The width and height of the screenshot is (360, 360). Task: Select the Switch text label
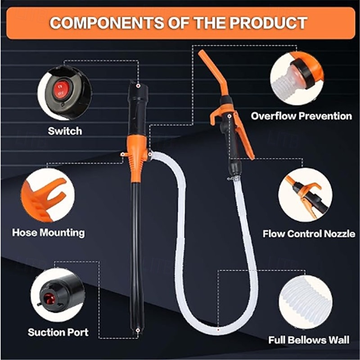coord(65,131)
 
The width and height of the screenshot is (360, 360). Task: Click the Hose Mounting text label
coord(48,233)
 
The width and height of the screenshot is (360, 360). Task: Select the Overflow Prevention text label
coord(301,116)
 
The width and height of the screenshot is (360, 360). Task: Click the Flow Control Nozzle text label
coord(308,234)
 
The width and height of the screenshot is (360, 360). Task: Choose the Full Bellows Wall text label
coord(309,340)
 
